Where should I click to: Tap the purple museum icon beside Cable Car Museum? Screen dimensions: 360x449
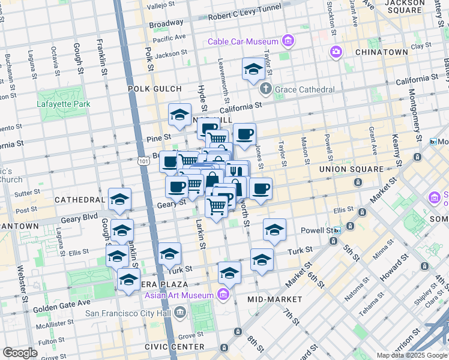[x=289, y=41]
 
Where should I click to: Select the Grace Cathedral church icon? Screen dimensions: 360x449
[x=266, y=89]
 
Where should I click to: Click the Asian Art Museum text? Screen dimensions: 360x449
[x=179, y=295]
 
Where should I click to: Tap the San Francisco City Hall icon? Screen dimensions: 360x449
[x=180, y=312]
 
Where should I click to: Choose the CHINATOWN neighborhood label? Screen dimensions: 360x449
[x=381, y=52]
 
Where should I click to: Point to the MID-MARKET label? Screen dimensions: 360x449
[x=274, y=298]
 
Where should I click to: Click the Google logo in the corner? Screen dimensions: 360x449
[x=20, y=352]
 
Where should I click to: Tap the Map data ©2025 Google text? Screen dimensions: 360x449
[x=412, y=355]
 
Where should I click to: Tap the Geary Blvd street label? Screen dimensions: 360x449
[x=81, y=216]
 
